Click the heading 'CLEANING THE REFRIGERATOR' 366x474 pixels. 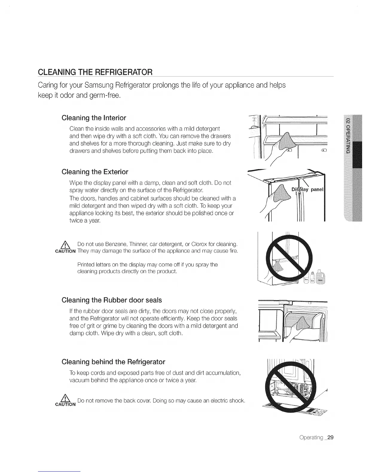click(95, 72)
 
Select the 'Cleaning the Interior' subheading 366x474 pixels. click(94, 118)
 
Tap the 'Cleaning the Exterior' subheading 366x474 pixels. click(95, 172)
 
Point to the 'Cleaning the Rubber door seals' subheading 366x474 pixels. click(112, 300)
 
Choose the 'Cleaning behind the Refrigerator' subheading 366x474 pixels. click(113, 362)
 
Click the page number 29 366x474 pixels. click(330, 437)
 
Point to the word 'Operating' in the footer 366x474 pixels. click(311, 437)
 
